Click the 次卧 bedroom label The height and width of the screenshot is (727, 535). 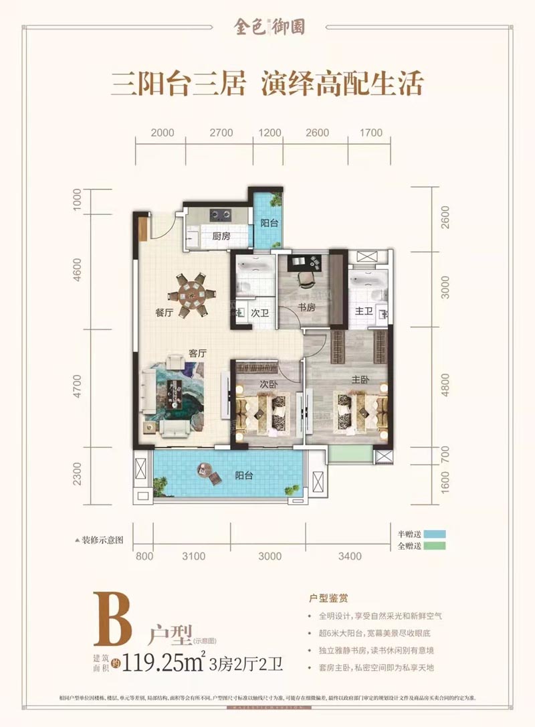[268, 384]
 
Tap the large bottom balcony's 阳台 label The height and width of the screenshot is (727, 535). [244, 476]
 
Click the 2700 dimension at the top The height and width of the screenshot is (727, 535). [221, 133]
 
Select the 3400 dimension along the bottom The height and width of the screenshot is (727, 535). [350, 556]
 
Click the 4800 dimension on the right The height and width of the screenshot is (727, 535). [446, 386]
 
